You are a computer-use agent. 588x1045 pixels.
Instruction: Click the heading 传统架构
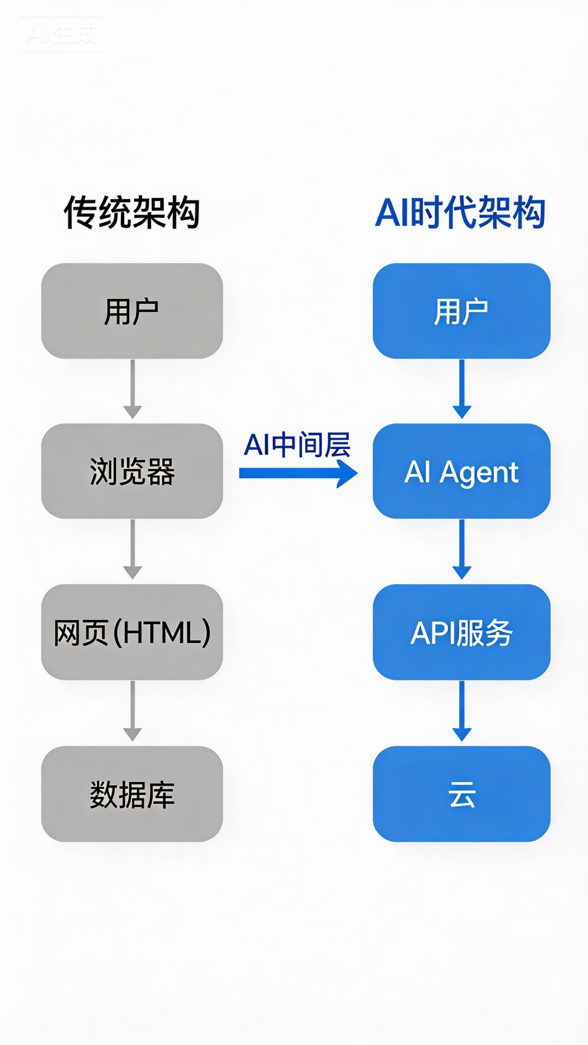tap(132, 213)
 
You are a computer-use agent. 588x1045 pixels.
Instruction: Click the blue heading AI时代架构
tap(461, 213)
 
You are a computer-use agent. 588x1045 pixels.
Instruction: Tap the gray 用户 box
tap(132, 311)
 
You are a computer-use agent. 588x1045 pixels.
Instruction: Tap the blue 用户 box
tap(461, 311)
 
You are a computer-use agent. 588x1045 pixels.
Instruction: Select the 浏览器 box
tap(132, 471)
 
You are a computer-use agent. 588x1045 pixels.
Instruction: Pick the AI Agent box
tap(461, 471)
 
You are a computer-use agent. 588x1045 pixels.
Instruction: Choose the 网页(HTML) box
tap(132, 632)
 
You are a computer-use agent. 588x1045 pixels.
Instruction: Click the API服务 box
tap(461, 632)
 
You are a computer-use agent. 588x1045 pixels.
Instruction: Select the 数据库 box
tap(132, 794)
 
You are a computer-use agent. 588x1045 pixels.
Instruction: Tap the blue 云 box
tap(461, 794)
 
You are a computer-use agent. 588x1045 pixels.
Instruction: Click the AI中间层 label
tap(297, 445)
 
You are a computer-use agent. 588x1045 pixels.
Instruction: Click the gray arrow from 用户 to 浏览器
tap(132, 389)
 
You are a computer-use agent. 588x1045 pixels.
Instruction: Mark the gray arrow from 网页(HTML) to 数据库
tap(132, 711)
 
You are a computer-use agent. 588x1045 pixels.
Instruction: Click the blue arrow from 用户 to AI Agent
tap(462, 389)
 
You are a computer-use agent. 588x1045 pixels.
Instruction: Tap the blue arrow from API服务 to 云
tap(462, 711)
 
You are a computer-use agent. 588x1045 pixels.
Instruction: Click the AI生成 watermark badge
tap(61, 34)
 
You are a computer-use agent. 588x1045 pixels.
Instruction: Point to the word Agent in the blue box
tap(479, 472)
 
